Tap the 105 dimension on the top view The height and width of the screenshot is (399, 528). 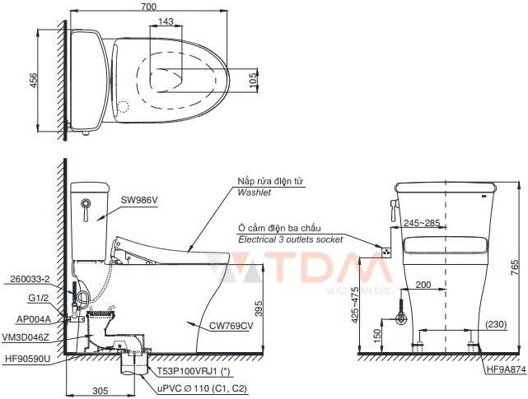point(253,79)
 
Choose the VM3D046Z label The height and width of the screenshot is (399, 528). point(31,337)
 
